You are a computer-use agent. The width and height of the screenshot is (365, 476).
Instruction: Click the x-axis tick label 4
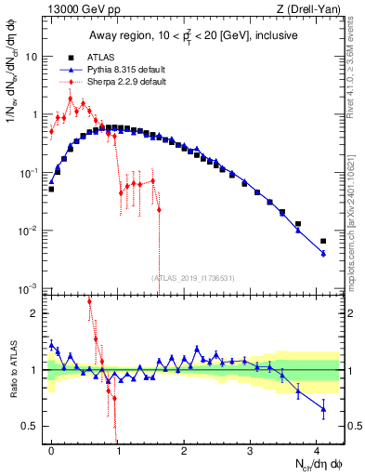(x=317, y=450)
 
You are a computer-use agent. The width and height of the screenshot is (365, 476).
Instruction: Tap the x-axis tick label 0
(x=51, y=450)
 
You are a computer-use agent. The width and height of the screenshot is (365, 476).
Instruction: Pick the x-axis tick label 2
(x=184, y=450)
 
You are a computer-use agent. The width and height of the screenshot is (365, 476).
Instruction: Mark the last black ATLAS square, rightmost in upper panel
(x=323, y=242)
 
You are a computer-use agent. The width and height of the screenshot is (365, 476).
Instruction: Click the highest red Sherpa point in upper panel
(x=71, y=99)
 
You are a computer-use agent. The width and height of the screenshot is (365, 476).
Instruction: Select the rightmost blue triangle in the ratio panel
(x=323, y=409)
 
